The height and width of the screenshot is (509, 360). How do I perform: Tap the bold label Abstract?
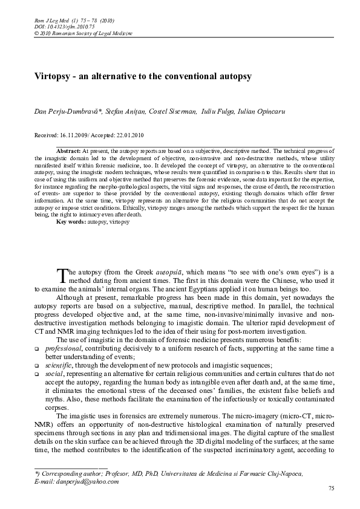tap(68, 149)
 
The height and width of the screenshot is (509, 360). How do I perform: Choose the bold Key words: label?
tap(71, 222)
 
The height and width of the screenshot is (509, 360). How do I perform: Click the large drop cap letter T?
tap(62, 276)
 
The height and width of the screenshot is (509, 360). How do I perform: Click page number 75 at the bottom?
tap(330, 488)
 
